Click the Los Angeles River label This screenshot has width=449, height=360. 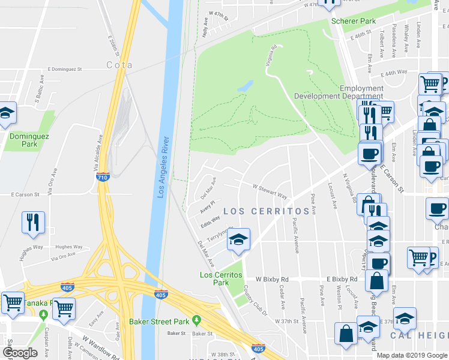click(x=161, y=169)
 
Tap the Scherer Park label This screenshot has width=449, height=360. click(x=354, y=21)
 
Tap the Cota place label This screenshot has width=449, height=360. click(x=119, y=65)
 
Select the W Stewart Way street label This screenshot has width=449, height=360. click(x=270, y=192)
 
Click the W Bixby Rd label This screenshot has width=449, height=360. click(x=272, y=280)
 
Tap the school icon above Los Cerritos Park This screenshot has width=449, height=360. click(x=238, y=241)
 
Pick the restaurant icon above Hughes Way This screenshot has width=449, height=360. click(x=33, y=221)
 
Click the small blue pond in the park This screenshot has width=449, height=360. click(x=246, y=86)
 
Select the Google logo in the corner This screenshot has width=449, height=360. click(x=20, y=353)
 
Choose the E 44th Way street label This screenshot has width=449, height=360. click(x=394, y=73)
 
